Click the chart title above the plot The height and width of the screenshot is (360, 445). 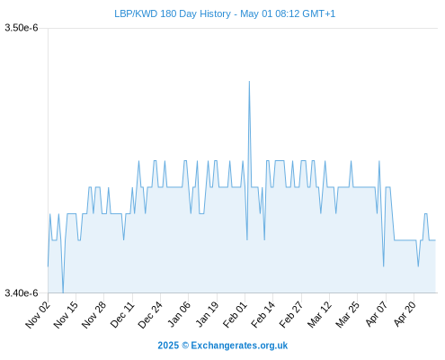point(225,13)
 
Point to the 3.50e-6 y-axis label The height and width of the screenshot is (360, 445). point(22,28)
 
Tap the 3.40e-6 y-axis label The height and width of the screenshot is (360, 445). point(22,292)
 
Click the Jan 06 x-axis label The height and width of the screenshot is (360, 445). point(178,314)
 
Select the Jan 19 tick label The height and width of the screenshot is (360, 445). point(207,314)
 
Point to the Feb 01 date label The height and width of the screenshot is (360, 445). point(235,314)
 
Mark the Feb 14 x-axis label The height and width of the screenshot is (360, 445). point(263,314)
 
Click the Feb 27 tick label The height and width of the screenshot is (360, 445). point(291,314)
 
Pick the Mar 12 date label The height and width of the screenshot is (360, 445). point(319,314)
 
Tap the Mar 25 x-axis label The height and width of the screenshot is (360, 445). point(347,314)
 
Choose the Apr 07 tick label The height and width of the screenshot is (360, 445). point(376,314)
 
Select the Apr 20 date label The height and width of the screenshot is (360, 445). point(404,314)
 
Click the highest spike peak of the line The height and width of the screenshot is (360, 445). point(249,81)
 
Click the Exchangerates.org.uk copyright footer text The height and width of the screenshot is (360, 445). point(223,346)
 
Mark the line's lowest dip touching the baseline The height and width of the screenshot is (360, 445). point(63,292)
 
